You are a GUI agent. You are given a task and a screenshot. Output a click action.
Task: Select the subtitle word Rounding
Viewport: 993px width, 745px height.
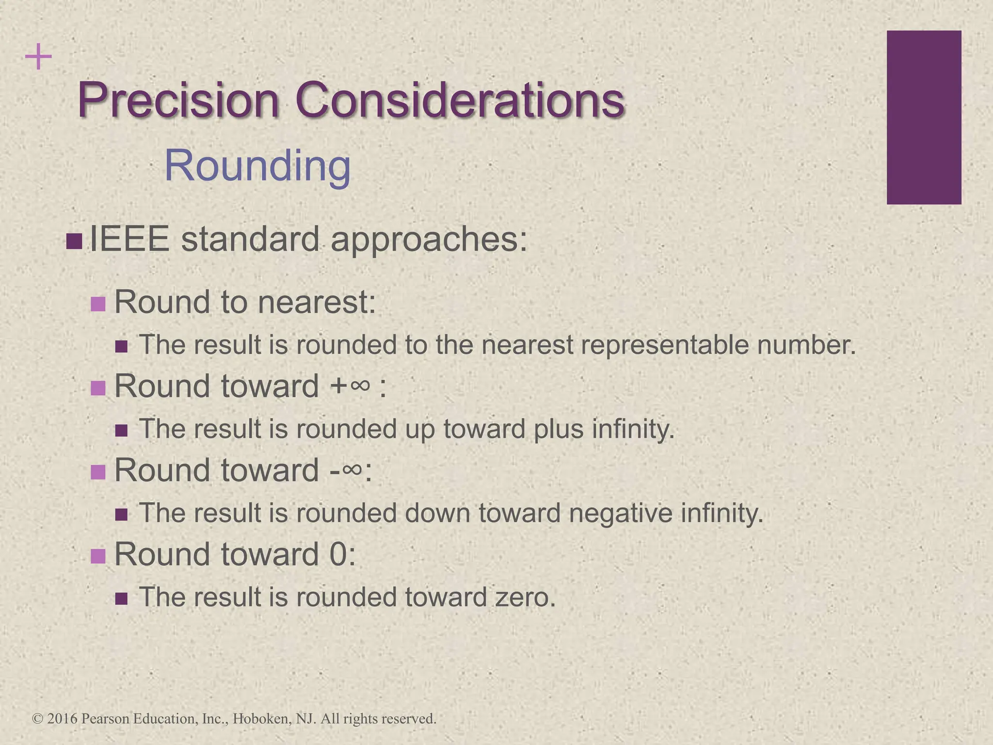pyautogui.click(x=257, y=166)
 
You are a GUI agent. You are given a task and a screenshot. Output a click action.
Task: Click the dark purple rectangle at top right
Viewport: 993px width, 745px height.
pyautogui.click(x=924, y=117)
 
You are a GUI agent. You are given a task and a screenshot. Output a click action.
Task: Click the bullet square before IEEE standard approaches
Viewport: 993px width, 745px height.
pyautogui.click(x=74, y=241)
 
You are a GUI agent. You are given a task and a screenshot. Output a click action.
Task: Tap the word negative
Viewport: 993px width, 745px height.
pyautogui.click(x=621, y=513)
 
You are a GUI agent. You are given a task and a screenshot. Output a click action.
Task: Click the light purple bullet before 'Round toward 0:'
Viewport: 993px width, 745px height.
pyautogui.click(x=98, y=556)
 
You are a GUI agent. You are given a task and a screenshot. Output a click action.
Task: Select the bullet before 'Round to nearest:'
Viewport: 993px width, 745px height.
pyautogui.click(x=98, y=304)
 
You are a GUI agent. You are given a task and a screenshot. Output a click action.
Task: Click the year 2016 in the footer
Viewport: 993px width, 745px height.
pyautogui.click(x=63, y=718)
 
